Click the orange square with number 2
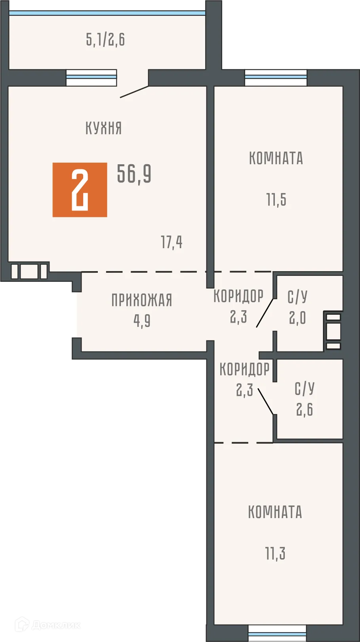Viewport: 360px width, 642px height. click(x=80, y=190)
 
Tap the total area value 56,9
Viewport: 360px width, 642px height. click(x=134, y=174)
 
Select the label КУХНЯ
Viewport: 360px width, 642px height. click(x=103, y=128)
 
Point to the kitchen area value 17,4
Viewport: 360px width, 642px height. click(x=171, y=242)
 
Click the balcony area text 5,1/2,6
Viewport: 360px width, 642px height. click(x=105, y=40)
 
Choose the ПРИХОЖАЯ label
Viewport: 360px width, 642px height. click(x=141, y=300)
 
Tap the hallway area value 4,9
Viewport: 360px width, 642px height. click(x=142, y=321)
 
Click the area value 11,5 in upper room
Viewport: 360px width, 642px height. click(x=276, y=200)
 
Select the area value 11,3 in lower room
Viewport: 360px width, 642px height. click(x=275, y=553)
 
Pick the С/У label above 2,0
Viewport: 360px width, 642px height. click(x=297, y=297)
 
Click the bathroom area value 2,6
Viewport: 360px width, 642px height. click(x=305, y=409)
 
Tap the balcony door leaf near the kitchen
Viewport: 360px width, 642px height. click(x=134, y=91)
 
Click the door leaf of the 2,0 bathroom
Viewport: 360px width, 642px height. click(x=265, y=313)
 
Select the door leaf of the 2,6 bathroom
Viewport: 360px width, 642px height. click(x=265, y=401)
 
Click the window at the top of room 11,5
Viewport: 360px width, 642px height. click(x=276, y=78)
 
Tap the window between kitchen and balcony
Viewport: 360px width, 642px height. click(x=91, y=78)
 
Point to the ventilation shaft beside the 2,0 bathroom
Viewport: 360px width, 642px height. click(x=333, y=331)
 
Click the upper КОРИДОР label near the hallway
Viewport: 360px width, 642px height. click(x=238, y=296)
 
